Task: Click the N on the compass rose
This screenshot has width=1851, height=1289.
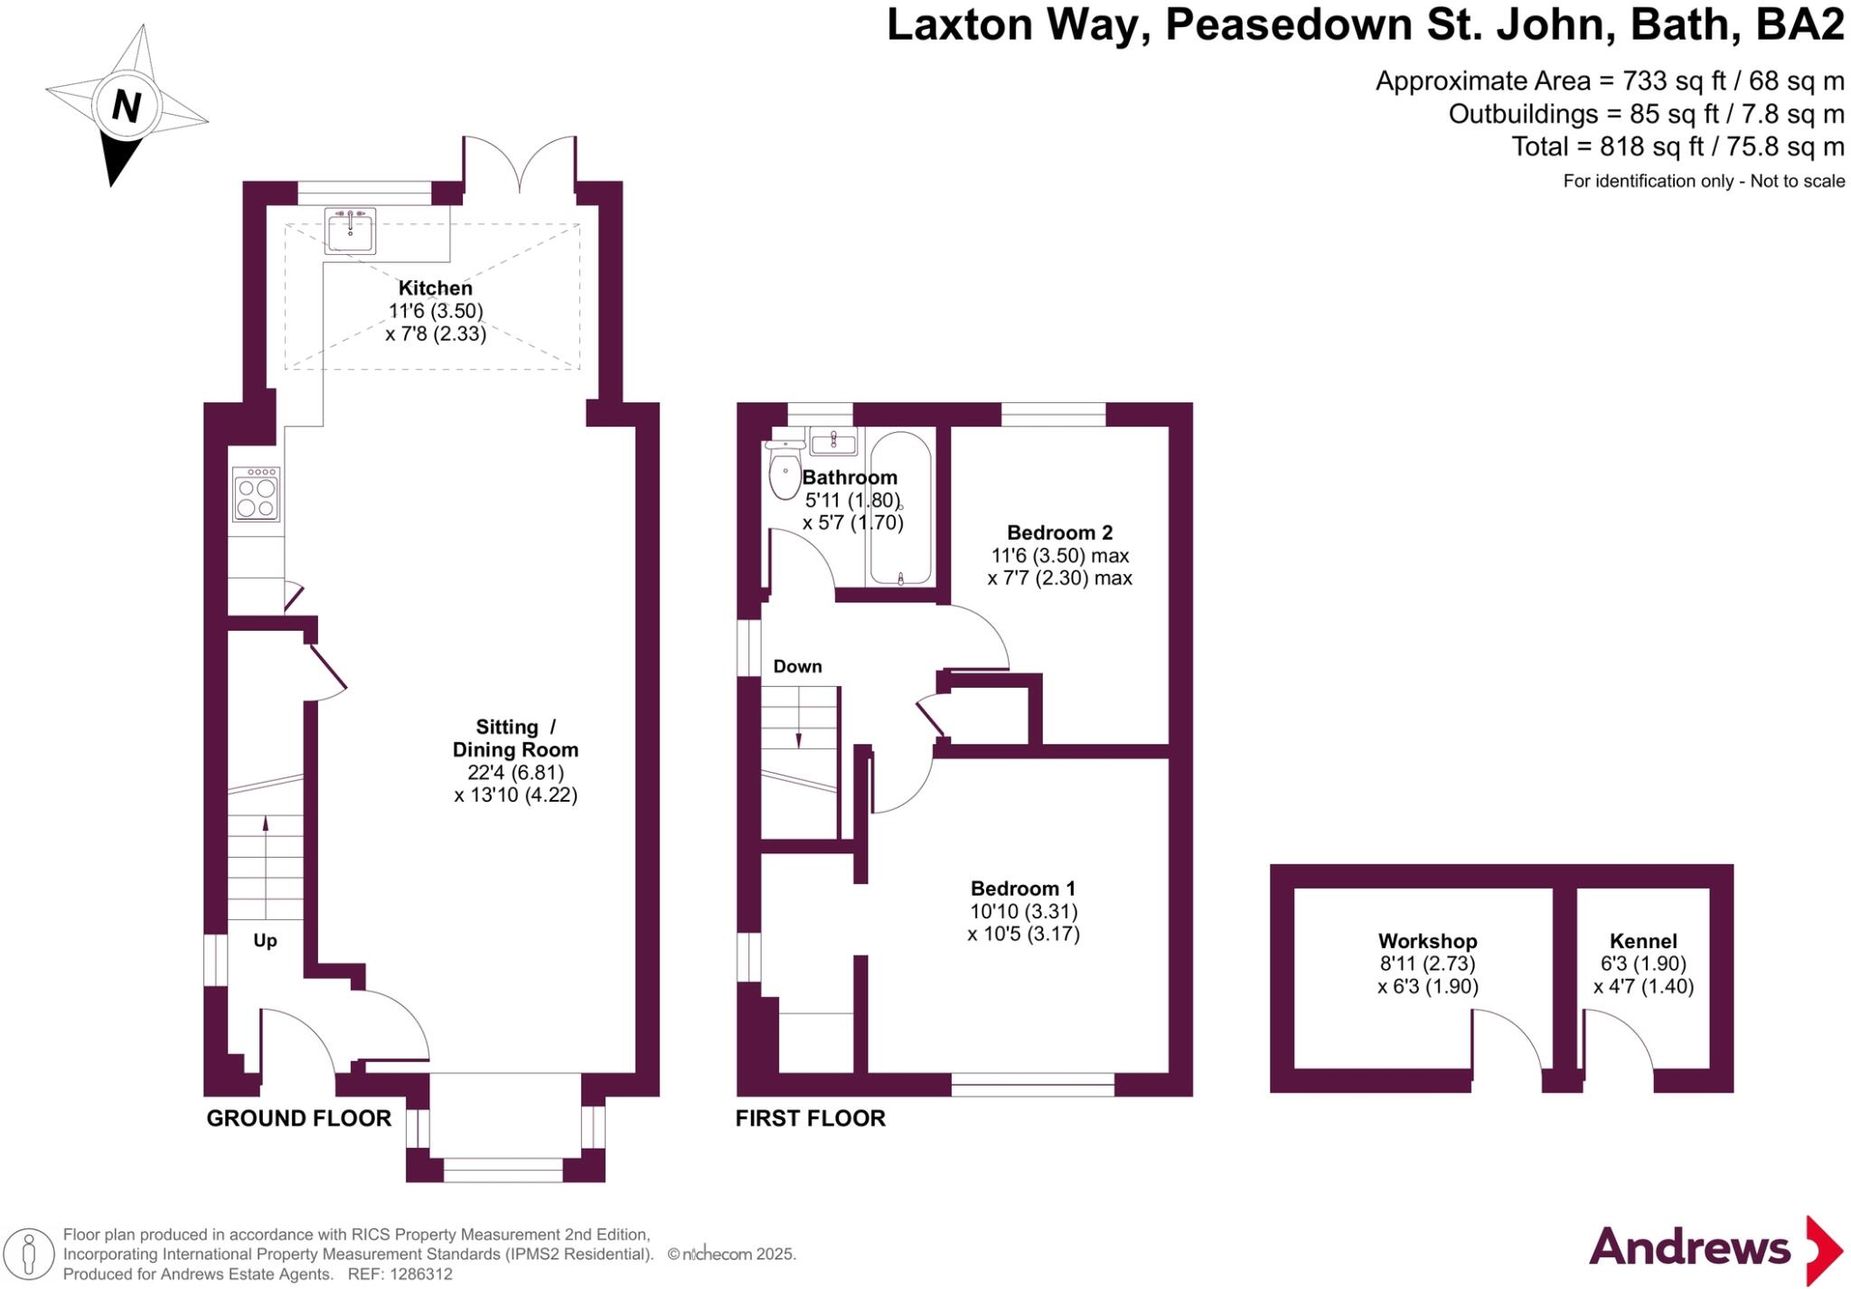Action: pyautogui.click(x=127, y=107)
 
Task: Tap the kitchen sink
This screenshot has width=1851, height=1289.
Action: pyautogui.click(x=350, y=231)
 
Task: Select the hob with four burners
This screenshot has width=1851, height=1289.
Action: pyautogui.click(x=256, y=494)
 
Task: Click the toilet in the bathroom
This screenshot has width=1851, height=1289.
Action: pyautogui.click(x=785, y=471)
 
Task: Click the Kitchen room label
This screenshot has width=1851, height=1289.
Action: pyautogui.click(x=435, y=288)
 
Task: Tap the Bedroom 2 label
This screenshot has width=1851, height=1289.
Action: pyautogui.click(x=1059, y=532)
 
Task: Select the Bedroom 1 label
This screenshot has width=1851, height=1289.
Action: pyautogui.click(x=1023, y=889)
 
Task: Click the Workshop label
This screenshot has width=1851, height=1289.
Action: pyautogui.click(x=1427, y=941)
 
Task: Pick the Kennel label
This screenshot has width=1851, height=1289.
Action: pyautogui.click(x=1643, y=941)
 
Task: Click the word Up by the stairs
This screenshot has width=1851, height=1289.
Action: pyautogui.click(x=265, y=941)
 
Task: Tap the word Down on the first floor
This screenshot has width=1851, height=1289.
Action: pyautogui.click(x=797, y=666)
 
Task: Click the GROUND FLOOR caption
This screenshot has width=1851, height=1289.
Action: pyautogui.click(x=298, y=1118)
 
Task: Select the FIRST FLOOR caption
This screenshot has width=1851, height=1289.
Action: pyautogui.click(x=810, y=1118)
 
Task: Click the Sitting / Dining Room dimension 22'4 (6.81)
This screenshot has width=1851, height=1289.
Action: pyautogui.click(x=515, y=773)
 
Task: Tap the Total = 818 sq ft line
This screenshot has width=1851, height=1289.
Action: pyautogui.click(x=1677, y=146)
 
